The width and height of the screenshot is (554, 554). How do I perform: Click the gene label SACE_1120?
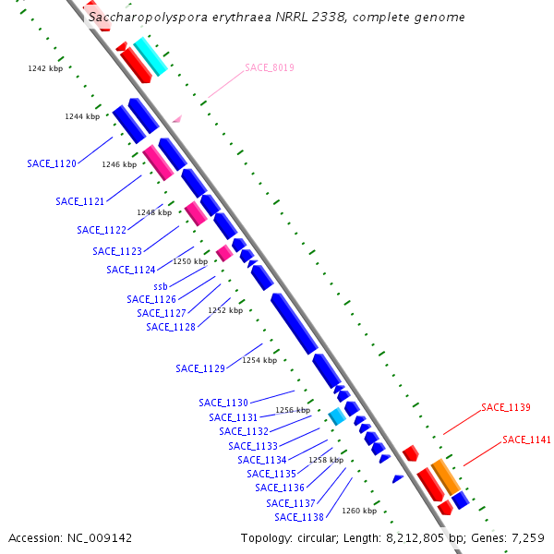(52, 163)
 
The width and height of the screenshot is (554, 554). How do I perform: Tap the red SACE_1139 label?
(505, 407)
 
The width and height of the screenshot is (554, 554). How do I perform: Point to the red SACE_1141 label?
(526, 440)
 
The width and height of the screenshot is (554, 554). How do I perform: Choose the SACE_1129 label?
(200, 368)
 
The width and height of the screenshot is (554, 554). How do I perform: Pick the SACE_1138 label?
(299, 517)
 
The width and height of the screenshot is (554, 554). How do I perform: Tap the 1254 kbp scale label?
(259, 360)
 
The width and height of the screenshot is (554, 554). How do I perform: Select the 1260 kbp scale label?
(359, 511)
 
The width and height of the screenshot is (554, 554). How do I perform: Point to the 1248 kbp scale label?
(154, 212)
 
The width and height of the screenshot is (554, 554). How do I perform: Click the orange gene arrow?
(445, 476)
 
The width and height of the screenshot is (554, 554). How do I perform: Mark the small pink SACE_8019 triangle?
(177, 118)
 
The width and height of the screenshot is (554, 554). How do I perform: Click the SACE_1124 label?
(131, 270)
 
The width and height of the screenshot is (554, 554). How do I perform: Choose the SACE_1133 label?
(253, 446)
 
